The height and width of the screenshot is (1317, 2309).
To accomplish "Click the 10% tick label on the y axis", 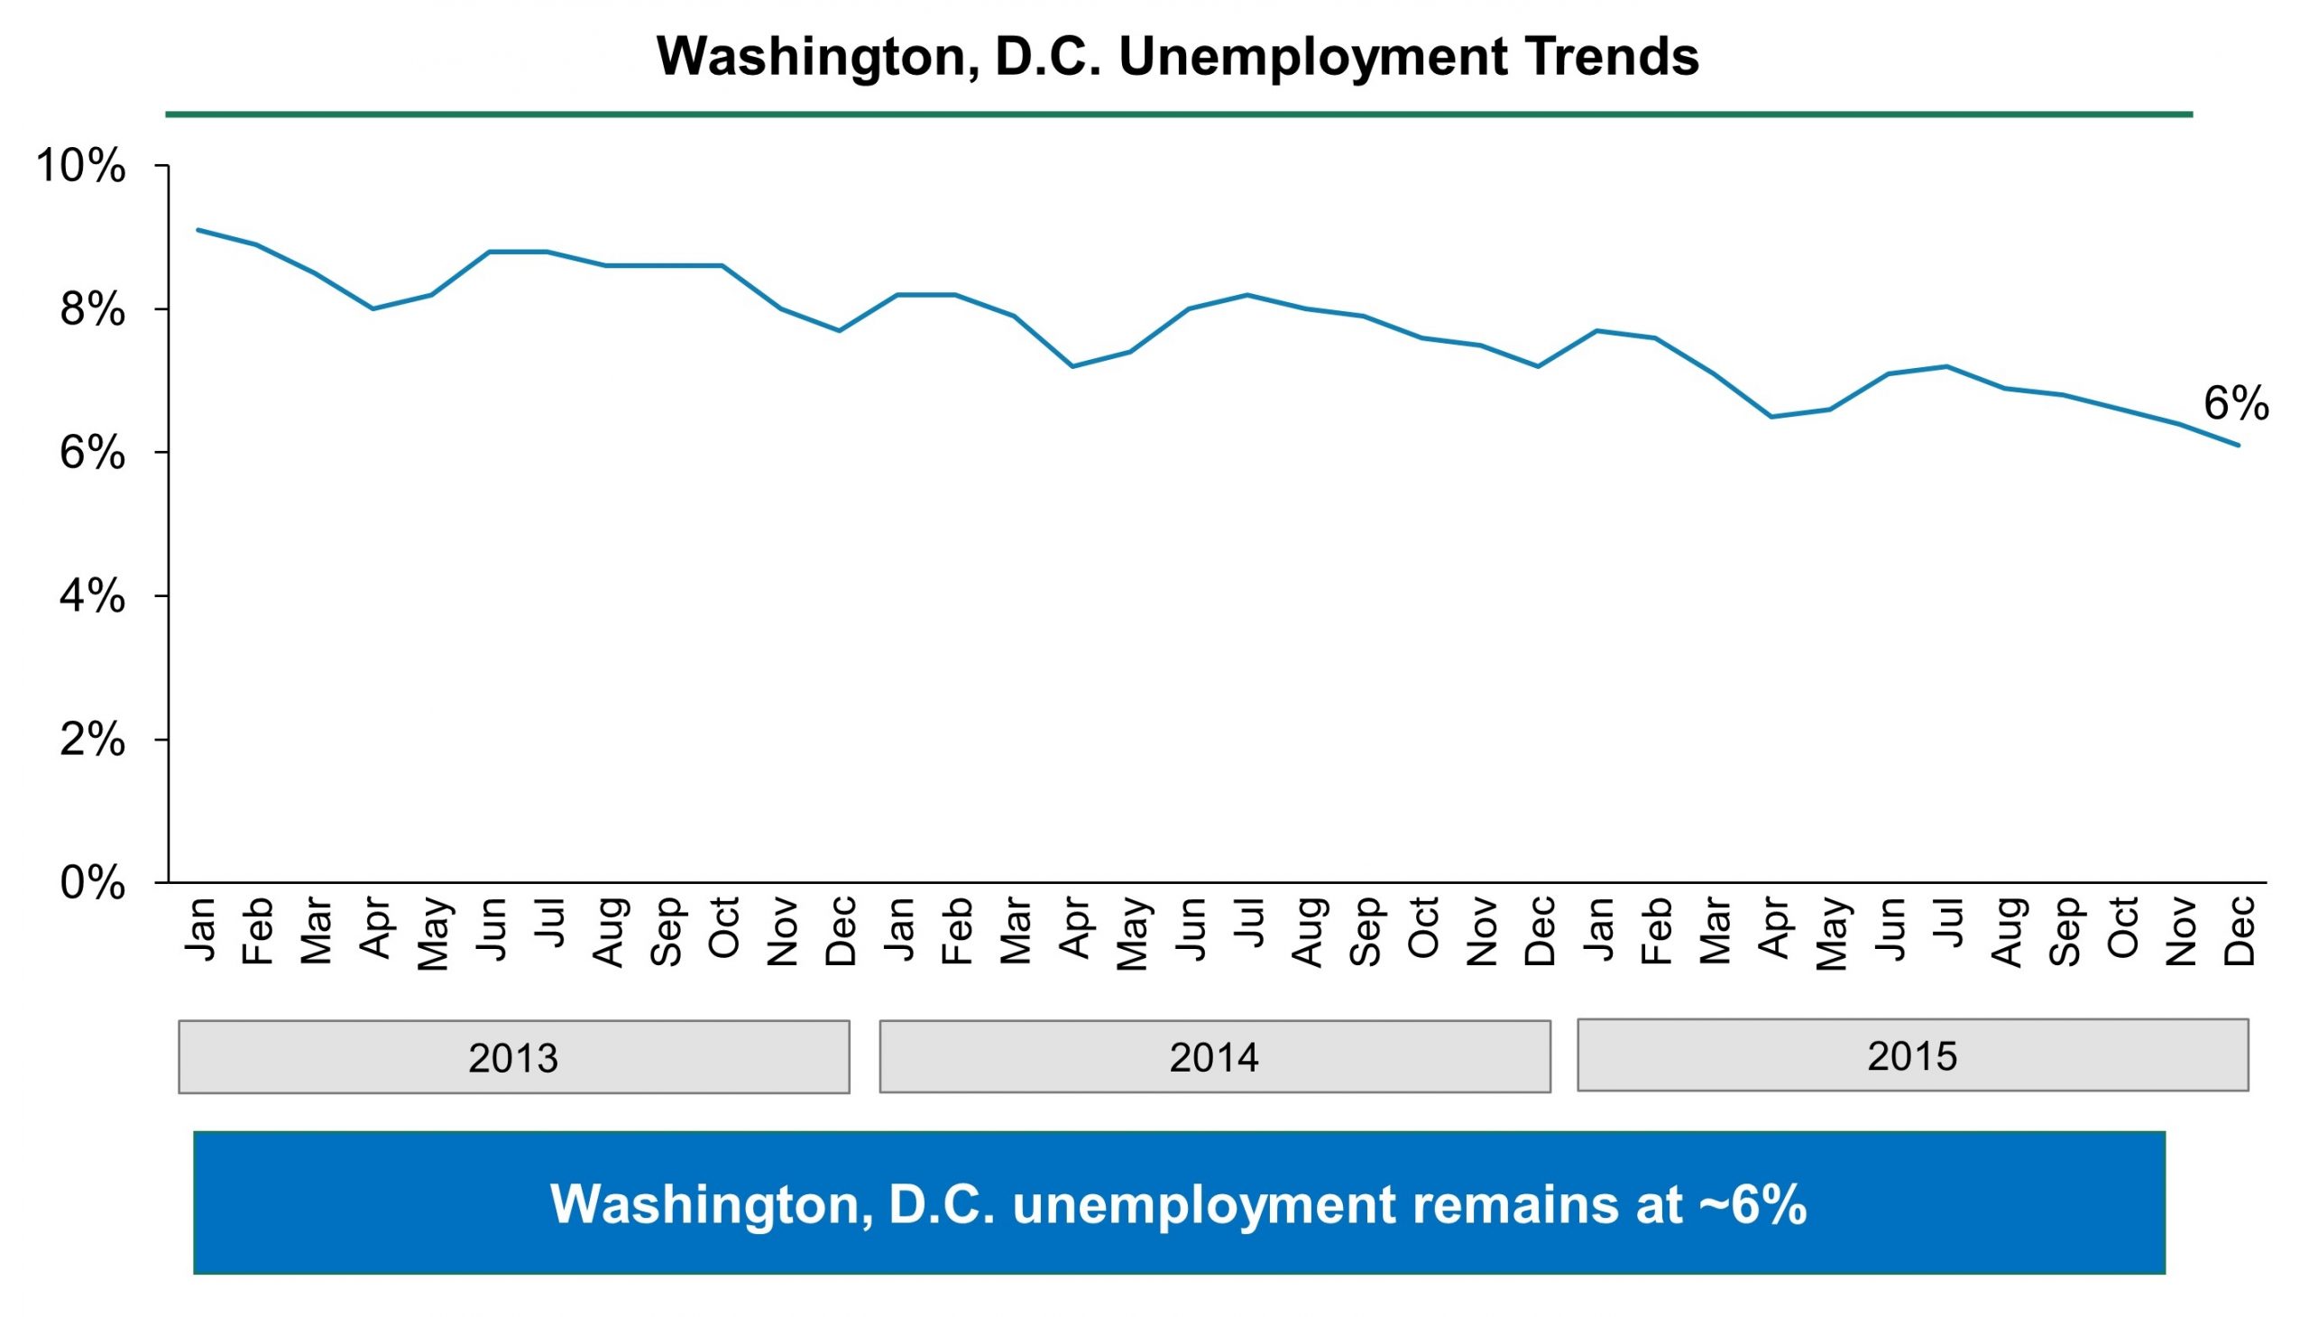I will pos(79,167).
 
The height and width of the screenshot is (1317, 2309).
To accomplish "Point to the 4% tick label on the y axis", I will pos(91,597).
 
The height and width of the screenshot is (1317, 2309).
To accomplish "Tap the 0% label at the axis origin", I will pos(91,883).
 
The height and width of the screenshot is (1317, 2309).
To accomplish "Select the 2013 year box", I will pos(513,1056).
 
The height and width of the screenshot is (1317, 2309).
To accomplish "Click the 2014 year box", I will pos(1214,1056).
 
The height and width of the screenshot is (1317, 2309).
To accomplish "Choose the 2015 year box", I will pos(1911,1055).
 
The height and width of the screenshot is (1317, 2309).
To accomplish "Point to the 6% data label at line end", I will pos(2235,403).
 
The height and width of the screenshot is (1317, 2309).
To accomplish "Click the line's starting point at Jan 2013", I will pos(198,230).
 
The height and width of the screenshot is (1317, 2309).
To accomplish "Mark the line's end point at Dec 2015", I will pos(2238,445).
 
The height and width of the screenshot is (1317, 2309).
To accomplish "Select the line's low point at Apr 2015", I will pos(1771,417).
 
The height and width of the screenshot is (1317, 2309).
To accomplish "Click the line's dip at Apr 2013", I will pos(373,309).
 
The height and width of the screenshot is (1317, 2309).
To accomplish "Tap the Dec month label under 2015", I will pos(2238,932).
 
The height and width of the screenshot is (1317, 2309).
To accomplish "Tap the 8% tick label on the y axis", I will pos(91,310).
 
